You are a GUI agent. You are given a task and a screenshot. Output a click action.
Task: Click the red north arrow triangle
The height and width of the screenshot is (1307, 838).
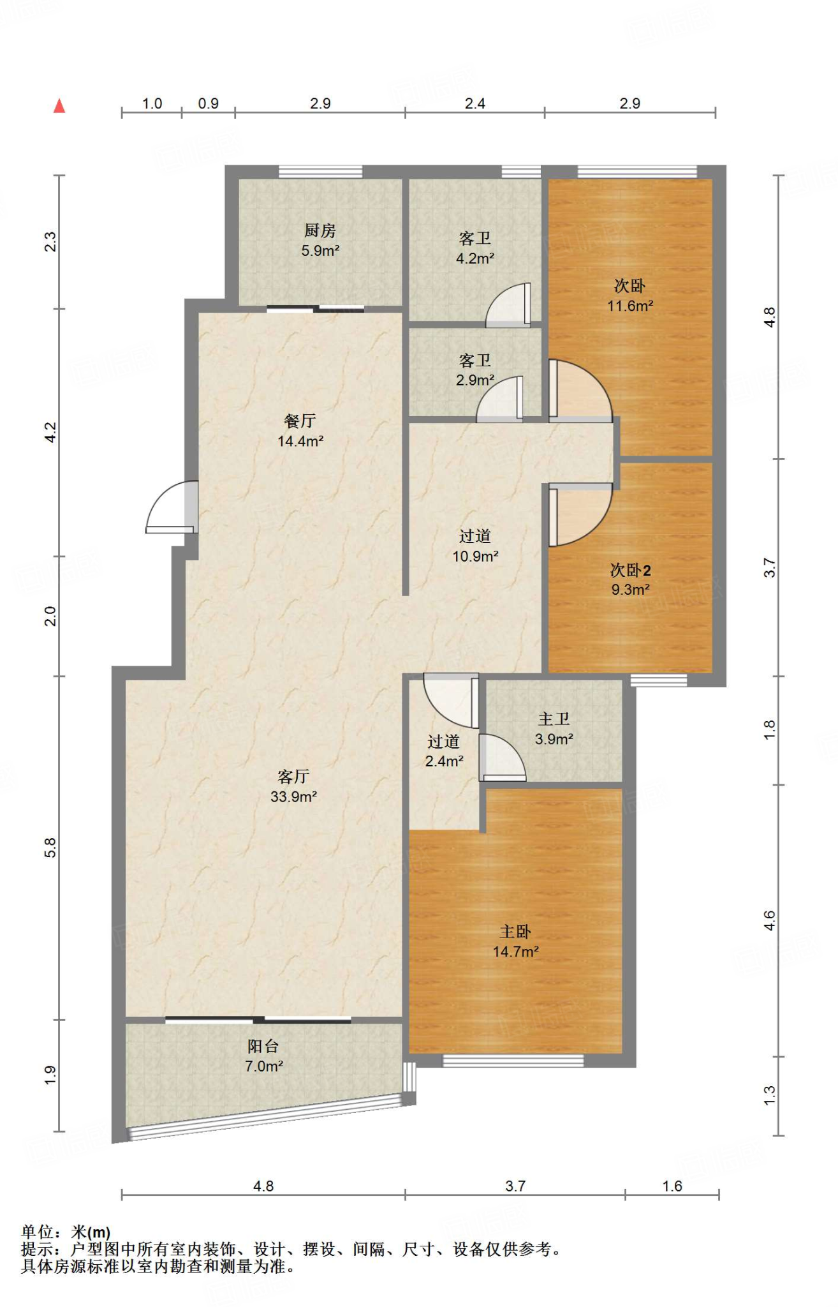pyautogui.click(x=59, y=106)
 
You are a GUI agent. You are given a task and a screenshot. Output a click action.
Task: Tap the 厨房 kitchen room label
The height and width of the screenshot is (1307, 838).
pyautogui.click(x=320, y=230)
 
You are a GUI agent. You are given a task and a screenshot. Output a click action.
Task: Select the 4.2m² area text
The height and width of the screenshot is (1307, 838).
pyautogui.click(x=475, y=258)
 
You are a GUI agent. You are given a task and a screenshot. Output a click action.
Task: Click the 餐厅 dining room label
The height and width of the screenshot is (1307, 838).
pyautogui.click(x=300, y=421)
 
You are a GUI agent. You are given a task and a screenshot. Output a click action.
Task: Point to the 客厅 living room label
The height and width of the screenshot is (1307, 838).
pyautogui.click(x=293, y=777)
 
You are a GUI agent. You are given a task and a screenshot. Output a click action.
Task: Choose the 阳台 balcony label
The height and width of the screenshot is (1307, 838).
pyautogui.click(x=263, y=1046)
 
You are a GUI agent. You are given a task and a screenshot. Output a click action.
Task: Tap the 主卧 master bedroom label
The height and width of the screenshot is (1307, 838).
pyautogui.click(x=515, y=932)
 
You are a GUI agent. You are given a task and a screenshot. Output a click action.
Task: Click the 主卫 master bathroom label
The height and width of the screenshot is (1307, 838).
pyautogui.click(x=554, y=719)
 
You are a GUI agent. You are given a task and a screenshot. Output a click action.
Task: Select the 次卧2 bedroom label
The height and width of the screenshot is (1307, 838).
pyautogui.click(x=631, y=570)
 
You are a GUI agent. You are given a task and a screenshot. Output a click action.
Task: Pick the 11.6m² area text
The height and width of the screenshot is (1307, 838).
pyautogui.click(x=630, y=306)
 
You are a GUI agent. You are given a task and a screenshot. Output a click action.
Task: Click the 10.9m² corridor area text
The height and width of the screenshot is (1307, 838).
pyautogui.click(x=475, y=556)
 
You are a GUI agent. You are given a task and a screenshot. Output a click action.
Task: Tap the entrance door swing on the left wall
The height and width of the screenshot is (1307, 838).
pyautogui.click(x=172, y=507)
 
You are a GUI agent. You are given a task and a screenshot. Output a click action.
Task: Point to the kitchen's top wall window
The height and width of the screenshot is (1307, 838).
pyautogui.click(x=321, y=172)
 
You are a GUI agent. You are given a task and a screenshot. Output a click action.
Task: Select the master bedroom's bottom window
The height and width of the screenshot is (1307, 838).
pyautogui.click(x=513, y=1061)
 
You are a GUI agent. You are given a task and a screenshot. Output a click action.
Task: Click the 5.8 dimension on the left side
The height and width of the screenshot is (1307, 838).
pyautogui.click(x=51, y=848)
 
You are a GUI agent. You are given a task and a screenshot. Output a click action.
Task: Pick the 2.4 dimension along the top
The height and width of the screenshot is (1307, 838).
pyautogui.click(x=474, y=103)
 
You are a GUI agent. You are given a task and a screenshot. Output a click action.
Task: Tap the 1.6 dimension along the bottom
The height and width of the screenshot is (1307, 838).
pyautogui.click(x=672, y=1186)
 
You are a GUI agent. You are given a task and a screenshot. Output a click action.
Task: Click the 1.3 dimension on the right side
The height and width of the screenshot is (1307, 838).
pyautogui.click(x=769, y=1095)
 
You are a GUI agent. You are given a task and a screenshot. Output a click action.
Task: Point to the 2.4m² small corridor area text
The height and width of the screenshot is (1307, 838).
pyautogui.click(x=444, y=761)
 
